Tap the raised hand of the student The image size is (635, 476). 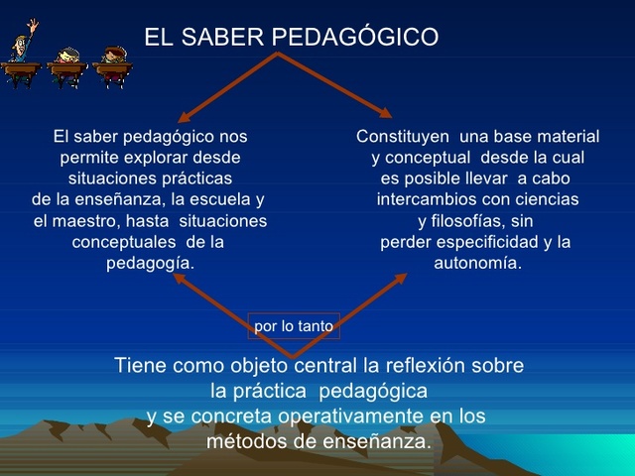(33, 24)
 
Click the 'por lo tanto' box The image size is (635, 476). (294, 325)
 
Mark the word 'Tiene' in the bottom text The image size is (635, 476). (140, 365)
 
